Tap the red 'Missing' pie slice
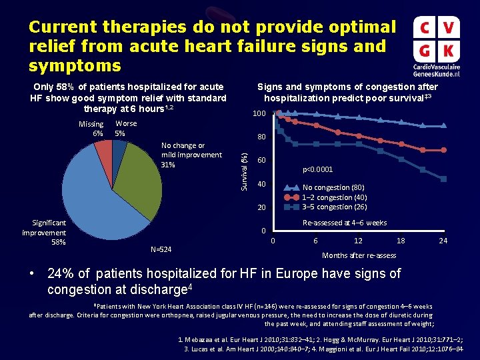tap(103, 154)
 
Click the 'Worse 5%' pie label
tap(125, 129)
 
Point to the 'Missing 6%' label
tap(91, 129)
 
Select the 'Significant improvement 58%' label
tap(44, 232)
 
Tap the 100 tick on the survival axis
tap(259, 115)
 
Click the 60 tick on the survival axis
tap(262, 161)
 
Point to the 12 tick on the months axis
tap(358, 241)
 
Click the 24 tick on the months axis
tap(443, 241)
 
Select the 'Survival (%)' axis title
tap(245, 169)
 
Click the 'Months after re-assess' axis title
tap(359, 255)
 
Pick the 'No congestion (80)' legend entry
tap(333, 187)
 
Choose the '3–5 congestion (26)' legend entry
tap(335, 206)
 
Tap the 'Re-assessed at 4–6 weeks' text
tap(344, 223)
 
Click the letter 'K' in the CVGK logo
tap(449, 50)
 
